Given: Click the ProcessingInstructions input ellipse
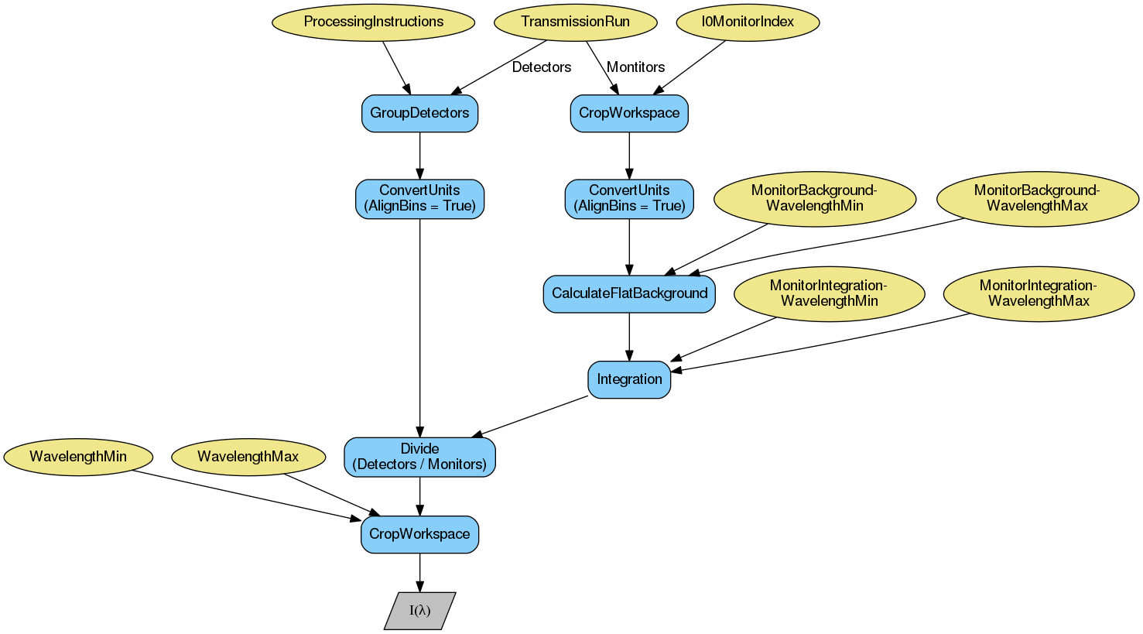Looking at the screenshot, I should (373, 22).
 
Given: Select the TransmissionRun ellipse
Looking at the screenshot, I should (575, 22).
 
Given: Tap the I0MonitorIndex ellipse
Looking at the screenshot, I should (748, 22).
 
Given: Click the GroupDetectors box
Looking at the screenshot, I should (419, 113).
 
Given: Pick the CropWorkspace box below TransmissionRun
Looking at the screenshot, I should (629, 113).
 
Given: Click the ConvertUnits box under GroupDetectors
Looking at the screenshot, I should (419, 199).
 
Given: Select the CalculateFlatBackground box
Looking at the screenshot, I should (629, 293).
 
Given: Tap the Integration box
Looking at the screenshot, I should (629, 379).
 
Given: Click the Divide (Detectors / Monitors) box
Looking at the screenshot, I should (419, 457).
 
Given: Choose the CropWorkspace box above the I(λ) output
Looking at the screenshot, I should (419, 534).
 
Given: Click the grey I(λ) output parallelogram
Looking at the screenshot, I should (419, 611).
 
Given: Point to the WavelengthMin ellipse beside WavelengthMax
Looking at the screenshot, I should (78, 457).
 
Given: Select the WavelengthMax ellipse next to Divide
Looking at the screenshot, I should (248, 457).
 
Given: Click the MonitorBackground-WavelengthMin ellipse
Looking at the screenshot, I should (814, 199).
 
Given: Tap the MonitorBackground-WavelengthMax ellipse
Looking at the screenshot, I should (1037, 199).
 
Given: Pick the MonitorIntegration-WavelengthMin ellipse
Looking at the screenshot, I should (829, 293).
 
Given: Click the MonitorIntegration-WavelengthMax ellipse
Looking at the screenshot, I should (1039, 293).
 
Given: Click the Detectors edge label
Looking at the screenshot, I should (542, 67).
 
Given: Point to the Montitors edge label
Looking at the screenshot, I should (635, 67).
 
